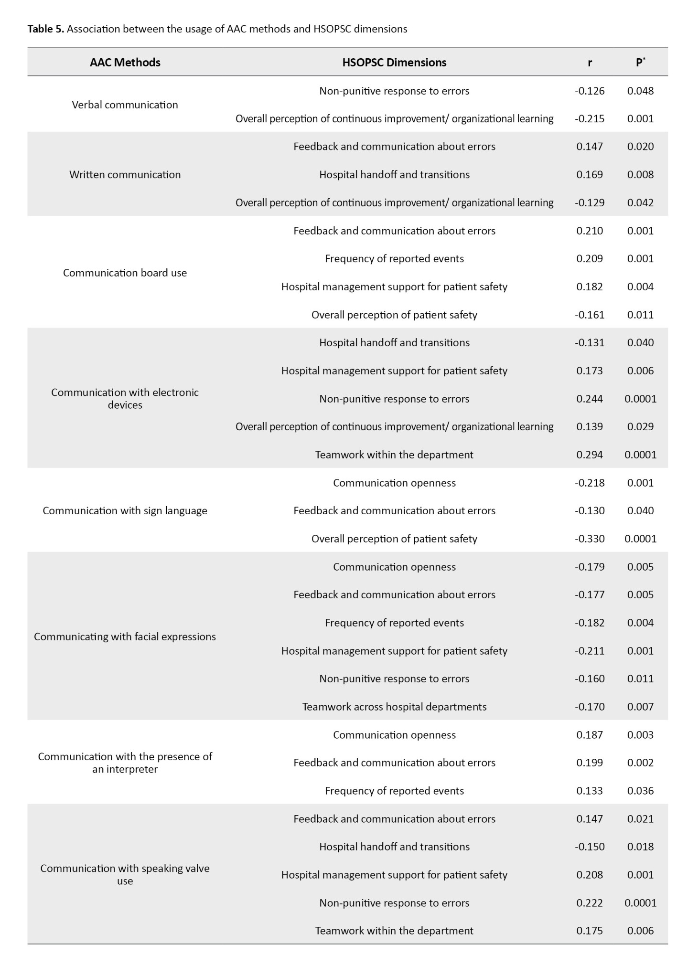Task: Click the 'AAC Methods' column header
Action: pyautogui.click(x=125, y=63)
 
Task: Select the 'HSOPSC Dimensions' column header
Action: pyautogui.click(x=394, y=63)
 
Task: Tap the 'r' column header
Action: pyautogui.click(x=590, y=63)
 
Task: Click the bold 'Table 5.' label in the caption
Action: pyautogui.click(x=45, y=29)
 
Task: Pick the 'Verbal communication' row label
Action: pyautogui.click(x=125, y=105)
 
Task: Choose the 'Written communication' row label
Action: pyautogui.click(x=125, y=175)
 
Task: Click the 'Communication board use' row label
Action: pyautogui.click(x=125, y=273)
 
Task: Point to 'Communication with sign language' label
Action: pyautogui.click(x=125, y=511)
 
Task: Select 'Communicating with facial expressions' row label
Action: pyautogui.click(x=125, y=637)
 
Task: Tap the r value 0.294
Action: pyautogui.click(x=590, y=455)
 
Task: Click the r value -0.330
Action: pyautogui.click(x=590, y=539)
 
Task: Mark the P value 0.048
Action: pyautogui.click(x=640, y=91)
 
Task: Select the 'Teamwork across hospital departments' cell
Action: pyautogui.click(x=394, y=707)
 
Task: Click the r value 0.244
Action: pyautogui.click(x=590, y=399)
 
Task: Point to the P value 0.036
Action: pyautogui.click(x=640, y=791)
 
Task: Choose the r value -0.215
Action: pyautogui.click(x=590, y=119)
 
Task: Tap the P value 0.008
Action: pyautogui.click(x=640, y=175)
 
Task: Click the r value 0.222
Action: pyautogui.click(x=590, y=903)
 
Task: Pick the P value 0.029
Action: pyautogui.click(x=640, y=427)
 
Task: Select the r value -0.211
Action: pyautogui.click(x=590, y=651)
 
